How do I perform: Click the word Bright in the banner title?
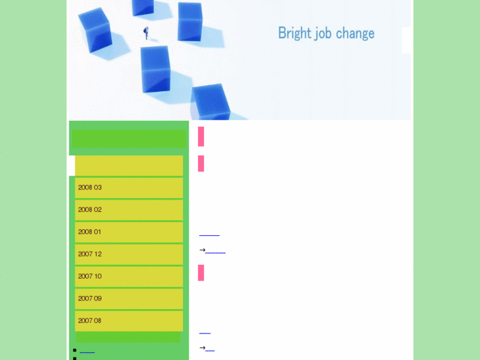(294, 33)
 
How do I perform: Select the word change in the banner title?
(355, 33)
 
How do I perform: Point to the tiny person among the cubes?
(146, 32)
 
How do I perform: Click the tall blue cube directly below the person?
(156, 69)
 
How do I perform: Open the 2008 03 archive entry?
(129, 188)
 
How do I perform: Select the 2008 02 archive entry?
(129, 210)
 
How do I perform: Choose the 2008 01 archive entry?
(129, 232)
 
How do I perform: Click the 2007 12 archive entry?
(129, 254)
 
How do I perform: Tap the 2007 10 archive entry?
(129, 276)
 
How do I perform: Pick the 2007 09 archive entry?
(129, 299)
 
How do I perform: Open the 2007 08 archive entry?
(129, 321)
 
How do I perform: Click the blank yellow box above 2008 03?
(129, 165)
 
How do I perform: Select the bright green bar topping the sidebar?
(129, 139)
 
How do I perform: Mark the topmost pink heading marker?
(201, 136)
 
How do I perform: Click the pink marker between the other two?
(201, 163)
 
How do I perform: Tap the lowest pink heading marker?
(201, 273)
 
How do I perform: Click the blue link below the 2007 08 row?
(87, 351)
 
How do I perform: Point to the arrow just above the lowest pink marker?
(202, 250)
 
